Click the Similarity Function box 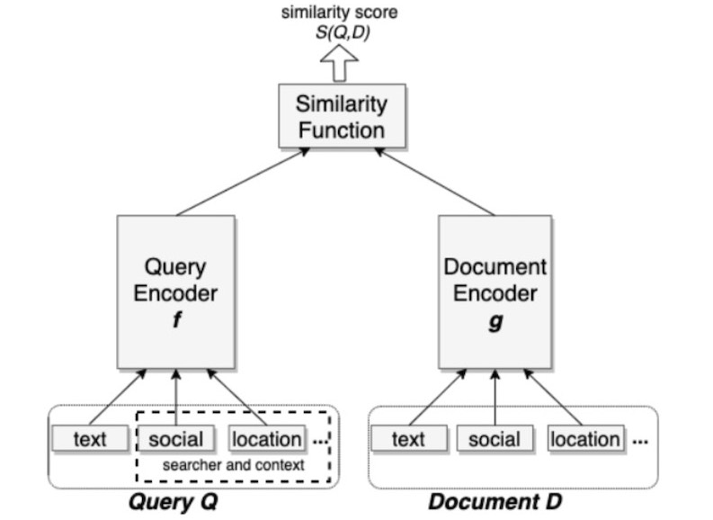pyautogui.click(x=341, y=116)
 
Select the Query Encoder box pyautogui.click(x=175, y=290)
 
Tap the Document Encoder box pyautogui.click(x=495, y=290)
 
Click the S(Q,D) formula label pyautogui.click(x=341, y=33)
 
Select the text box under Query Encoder pyautogui.click(x=89, y=439)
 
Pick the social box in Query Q pyautogui.click(x=175, y=439)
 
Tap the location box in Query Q pyautogui.click(x=266, y=439)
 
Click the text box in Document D pyautogui.click(x=408, y=439)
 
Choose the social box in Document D pyautogui.click(x=495, y=439)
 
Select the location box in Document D pyautogui.click(x=585, y=439)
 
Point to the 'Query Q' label pyautogui.click(x=175, y=501)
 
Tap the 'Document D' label pyautogui.click(x=495, y=501)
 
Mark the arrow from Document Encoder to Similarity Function pyautogui.click(x=434, y=183)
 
